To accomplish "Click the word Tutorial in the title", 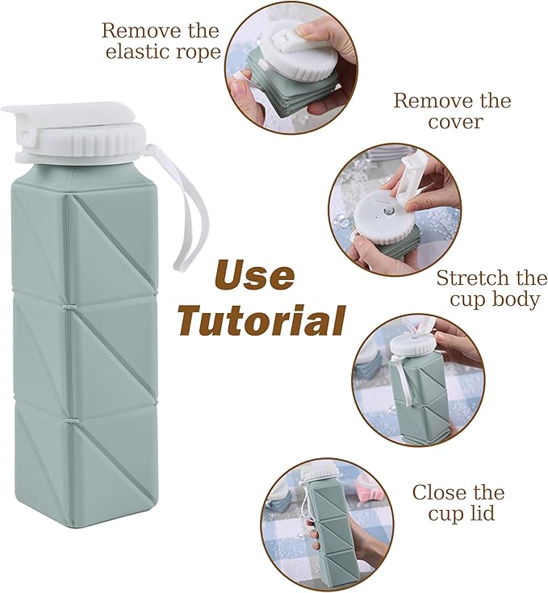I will (261, 319).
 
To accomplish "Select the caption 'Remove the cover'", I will (452, 111).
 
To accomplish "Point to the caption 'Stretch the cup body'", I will (492, 289).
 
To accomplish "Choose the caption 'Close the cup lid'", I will (458, 503).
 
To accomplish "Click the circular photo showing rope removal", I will (290, 69).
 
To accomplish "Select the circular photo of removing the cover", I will (393, 210).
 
